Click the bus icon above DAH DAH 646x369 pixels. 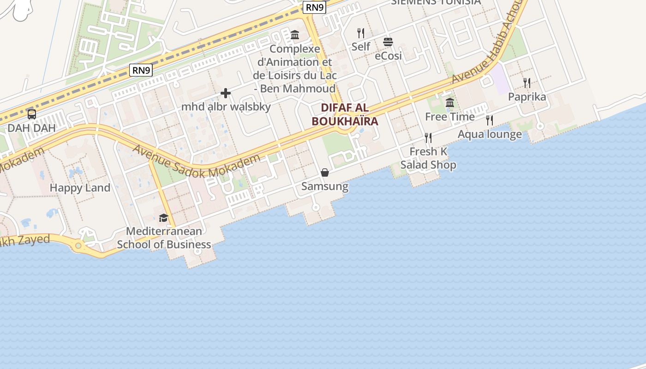32,114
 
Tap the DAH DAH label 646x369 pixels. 31,128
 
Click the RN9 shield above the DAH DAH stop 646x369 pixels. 141,70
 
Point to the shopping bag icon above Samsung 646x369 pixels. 325,173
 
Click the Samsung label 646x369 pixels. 325,186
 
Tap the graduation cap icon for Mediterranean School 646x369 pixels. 163,218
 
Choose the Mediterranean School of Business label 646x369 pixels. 164,238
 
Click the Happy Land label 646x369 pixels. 80,188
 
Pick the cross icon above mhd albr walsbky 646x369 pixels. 226,94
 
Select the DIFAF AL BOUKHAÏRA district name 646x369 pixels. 345,114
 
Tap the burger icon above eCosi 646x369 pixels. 388,42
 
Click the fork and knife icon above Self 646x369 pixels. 361,33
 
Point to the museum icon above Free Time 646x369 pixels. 450,103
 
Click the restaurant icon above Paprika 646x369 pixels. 527,83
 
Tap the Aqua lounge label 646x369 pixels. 490,134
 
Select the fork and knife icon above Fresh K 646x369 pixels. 428,137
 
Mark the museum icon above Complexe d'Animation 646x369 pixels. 295,35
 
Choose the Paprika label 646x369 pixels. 527,97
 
